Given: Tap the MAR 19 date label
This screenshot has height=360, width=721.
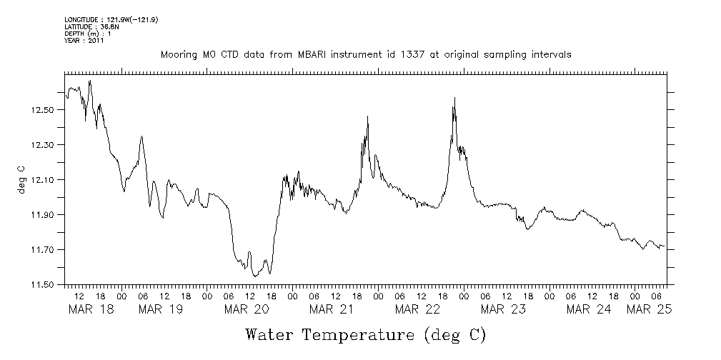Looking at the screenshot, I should (x=161, y=309).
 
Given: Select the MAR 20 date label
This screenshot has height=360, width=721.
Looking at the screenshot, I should (x=247, y=309).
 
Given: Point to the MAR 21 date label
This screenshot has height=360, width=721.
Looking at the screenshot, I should (x=332, y=309).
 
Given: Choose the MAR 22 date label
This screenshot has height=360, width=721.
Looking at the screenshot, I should (x=417, y=309).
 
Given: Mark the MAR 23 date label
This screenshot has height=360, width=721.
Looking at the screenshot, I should (x=503, y=309).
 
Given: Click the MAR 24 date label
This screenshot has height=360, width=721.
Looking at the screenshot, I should (x=589, y=309).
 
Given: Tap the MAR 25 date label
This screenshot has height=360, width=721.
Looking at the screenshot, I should (x=648, y=309).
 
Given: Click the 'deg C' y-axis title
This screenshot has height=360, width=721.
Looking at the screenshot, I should (x=21, y=180).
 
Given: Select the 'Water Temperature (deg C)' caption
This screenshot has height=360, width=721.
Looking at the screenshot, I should (x=365, y=334).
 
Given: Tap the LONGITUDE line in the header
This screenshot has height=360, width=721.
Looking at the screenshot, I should (x=111, y=20).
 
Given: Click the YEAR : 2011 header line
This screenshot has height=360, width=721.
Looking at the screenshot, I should (x=84, y=41).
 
